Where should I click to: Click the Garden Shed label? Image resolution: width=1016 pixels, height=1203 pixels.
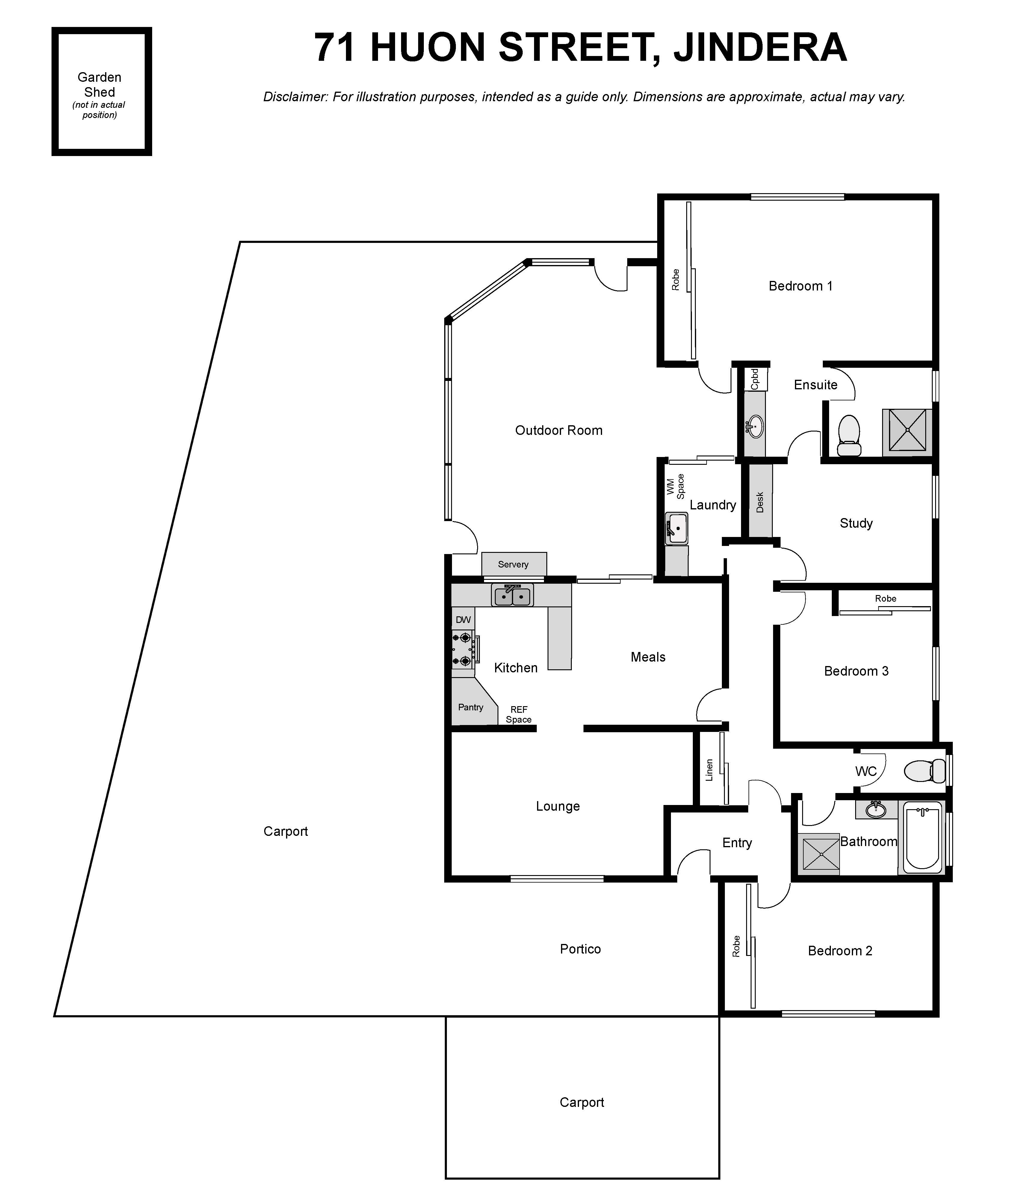(x=100, y=85)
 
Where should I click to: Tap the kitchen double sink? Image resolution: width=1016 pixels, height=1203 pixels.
(x=512, y=595)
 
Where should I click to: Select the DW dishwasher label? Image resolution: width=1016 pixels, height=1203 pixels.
(x=463, y=620)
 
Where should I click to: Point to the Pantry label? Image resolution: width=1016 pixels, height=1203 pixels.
(x=471, y=707)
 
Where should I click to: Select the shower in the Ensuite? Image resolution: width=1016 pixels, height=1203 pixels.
(x=907, y=430)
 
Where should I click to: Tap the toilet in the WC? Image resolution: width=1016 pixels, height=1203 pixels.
(x=926, y=771)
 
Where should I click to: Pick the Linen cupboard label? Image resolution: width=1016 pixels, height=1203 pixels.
(x=709, y=771)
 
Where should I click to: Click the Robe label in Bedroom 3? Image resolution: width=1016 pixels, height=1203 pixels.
(x=886, y=598)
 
